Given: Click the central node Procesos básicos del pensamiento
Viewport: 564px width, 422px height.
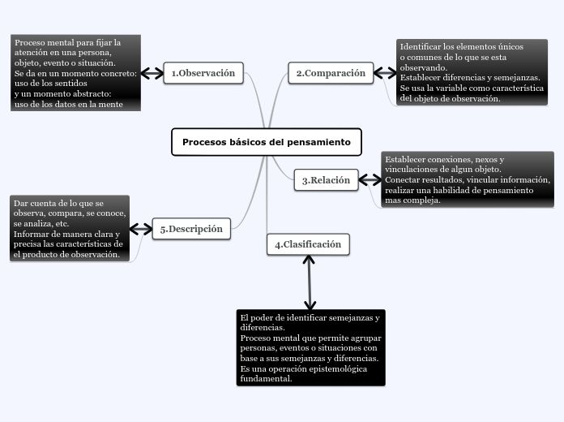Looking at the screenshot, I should point(267,142).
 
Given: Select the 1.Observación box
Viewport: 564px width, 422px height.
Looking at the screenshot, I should point(203,73).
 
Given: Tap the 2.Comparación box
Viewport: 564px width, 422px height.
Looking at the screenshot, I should point(331,73).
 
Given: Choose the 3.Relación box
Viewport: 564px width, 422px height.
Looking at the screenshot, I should point(326,180).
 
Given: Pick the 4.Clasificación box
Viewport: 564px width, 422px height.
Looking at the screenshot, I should point(308,244).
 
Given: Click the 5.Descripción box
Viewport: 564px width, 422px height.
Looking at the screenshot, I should point(191,229).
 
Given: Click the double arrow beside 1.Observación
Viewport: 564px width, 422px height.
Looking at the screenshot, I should point(152,73).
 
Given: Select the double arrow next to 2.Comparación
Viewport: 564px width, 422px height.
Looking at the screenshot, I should point(385,73).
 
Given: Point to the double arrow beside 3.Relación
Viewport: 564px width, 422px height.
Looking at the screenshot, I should point(370,180).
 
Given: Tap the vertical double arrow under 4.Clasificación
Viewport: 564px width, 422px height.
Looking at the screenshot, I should point(309,282).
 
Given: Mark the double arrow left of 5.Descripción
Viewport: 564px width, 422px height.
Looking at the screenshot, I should point(141,229).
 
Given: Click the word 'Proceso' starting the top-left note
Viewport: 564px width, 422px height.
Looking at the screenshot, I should point(31,41).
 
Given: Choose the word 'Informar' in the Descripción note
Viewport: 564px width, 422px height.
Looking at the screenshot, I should point(32,234).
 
